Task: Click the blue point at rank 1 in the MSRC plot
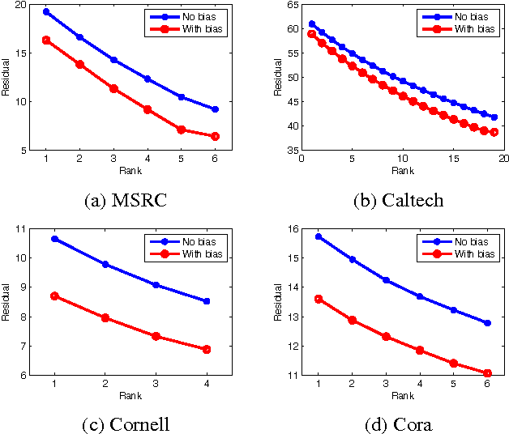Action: pos(46,12)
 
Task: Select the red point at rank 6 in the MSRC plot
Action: pos(215,136)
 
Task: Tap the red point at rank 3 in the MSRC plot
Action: pos(113,88)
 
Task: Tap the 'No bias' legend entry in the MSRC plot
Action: pos(190,15)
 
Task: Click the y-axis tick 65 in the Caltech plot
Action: pos(286,5)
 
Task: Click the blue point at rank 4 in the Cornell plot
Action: pos(207,301)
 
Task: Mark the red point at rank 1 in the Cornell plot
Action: pos(54,296)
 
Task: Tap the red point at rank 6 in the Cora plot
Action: pos(487,373)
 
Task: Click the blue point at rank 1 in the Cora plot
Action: pos(319,236)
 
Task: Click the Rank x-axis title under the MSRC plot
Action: pos(130,171)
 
